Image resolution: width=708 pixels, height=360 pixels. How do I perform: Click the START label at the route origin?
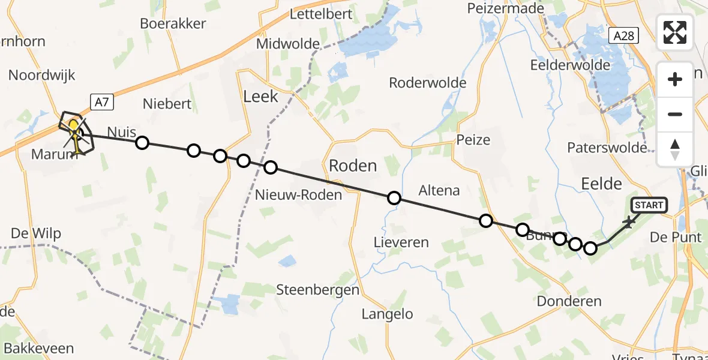pos(649,206)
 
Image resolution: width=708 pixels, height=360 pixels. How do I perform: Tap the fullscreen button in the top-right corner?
pos(675,32)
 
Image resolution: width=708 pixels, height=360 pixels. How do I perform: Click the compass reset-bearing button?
pos(675,149)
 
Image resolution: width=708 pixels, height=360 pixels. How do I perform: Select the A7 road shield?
pos(102,102)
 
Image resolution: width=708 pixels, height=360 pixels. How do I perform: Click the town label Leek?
pos(260,96)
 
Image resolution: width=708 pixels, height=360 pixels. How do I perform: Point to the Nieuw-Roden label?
pos(298,194)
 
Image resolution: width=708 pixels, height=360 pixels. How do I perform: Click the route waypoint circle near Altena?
pos(394,198)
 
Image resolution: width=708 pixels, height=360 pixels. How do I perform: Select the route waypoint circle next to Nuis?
pos(142,143)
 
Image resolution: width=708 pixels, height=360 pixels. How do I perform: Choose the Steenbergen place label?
pos(317,290)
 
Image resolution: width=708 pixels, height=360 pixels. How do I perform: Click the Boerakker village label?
pos(173,24)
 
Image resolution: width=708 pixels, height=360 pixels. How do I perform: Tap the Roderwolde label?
pos(427,83)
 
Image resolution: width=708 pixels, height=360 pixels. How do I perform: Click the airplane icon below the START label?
pos(629,223)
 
